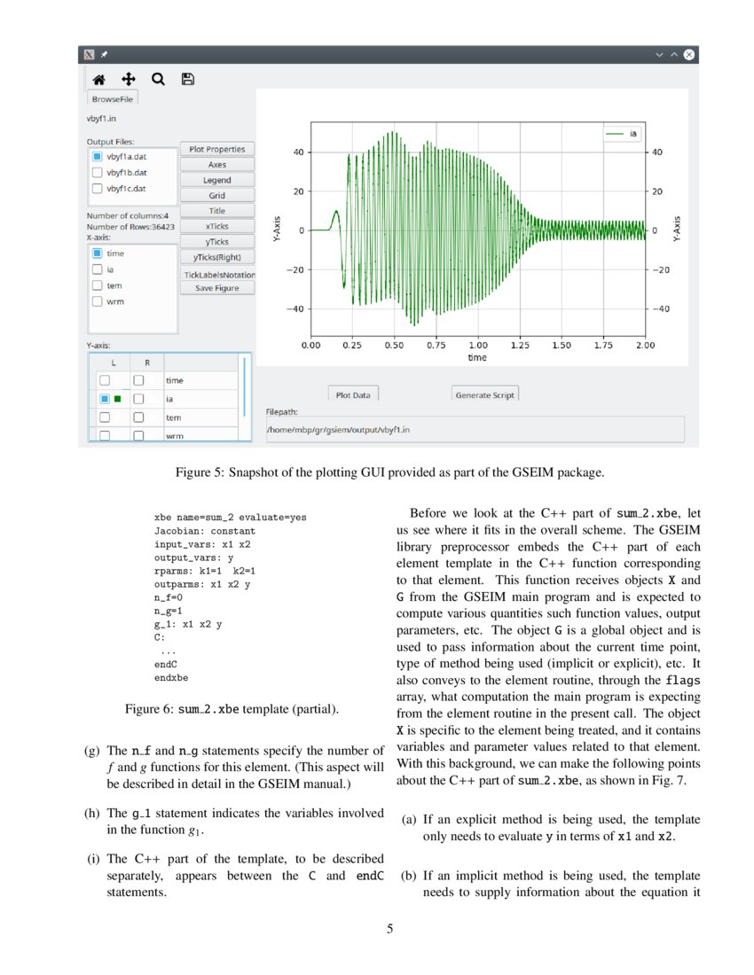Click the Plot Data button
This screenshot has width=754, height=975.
353,394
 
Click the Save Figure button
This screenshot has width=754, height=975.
217,288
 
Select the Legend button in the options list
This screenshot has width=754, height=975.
217,180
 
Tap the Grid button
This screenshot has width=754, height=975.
217,195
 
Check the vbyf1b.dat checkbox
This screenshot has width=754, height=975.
98,172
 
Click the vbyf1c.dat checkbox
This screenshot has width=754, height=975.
98,188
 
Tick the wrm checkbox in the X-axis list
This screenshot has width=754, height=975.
98,301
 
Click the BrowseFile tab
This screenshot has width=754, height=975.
113,99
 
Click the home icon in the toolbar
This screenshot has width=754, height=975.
99,79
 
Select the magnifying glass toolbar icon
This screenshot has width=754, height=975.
158,79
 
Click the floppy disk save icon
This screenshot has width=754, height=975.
187,79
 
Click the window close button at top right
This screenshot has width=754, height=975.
688,55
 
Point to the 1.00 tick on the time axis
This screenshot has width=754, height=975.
477,345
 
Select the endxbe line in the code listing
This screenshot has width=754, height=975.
171,677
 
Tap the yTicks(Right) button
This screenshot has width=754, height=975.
217,257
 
